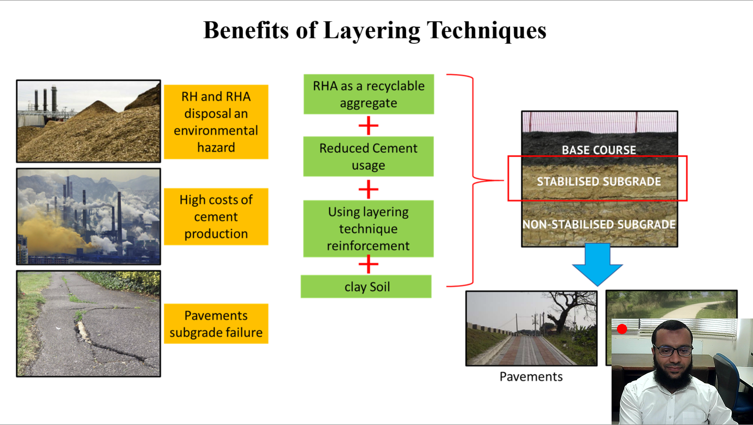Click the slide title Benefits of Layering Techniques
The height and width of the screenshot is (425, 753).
pos(375,31)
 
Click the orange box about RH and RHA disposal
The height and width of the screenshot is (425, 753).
pos(216,122)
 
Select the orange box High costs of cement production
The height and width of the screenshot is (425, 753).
pos(216,216)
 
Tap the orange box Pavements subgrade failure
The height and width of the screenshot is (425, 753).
pos(216,324)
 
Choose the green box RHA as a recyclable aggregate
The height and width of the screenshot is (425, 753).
pos(369,94)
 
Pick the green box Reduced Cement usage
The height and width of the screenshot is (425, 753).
pos(368,156)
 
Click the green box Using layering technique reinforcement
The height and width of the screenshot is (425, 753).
pos(368,228)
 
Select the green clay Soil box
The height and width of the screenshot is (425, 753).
pos(366,286)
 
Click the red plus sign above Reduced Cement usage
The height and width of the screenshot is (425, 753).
pos(368,126)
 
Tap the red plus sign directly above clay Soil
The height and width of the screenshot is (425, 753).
pos(368,265)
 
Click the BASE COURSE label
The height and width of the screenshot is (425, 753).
pos(599,150)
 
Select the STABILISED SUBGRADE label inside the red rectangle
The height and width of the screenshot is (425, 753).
pos(599,181)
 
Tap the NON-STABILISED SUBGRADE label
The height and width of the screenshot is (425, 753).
pos(599,224)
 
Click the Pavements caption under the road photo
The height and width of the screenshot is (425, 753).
pos(531,377)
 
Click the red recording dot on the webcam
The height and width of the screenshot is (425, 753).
pos(622,329)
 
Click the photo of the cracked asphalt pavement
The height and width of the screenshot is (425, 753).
pos(89,323)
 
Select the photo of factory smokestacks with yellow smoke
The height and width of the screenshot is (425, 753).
pos(89,216)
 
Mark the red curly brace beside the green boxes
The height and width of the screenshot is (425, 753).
pos(473,180)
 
